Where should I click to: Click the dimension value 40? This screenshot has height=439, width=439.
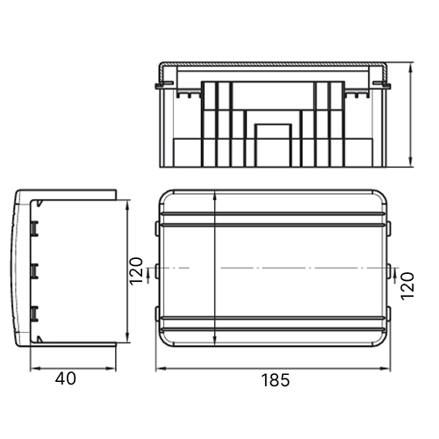66,378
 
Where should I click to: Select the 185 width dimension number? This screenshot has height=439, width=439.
275,380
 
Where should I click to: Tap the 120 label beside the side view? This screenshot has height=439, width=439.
136,271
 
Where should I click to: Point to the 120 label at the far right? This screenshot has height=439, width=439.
407,286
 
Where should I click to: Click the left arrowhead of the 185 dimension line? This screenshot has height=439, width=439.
161,369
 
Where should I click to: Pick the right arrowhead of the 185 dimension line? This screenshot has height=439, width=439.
385,369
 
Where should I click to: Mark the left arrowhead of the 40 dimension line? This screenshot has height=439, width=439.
35,369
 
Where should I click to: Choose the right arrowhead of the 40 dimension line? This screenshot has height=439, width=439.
111,369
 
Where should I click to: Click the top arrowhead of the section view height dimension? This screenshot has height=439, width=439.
411,68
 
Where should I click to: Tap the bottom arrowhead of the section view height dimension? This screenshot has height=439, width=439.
411,162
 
